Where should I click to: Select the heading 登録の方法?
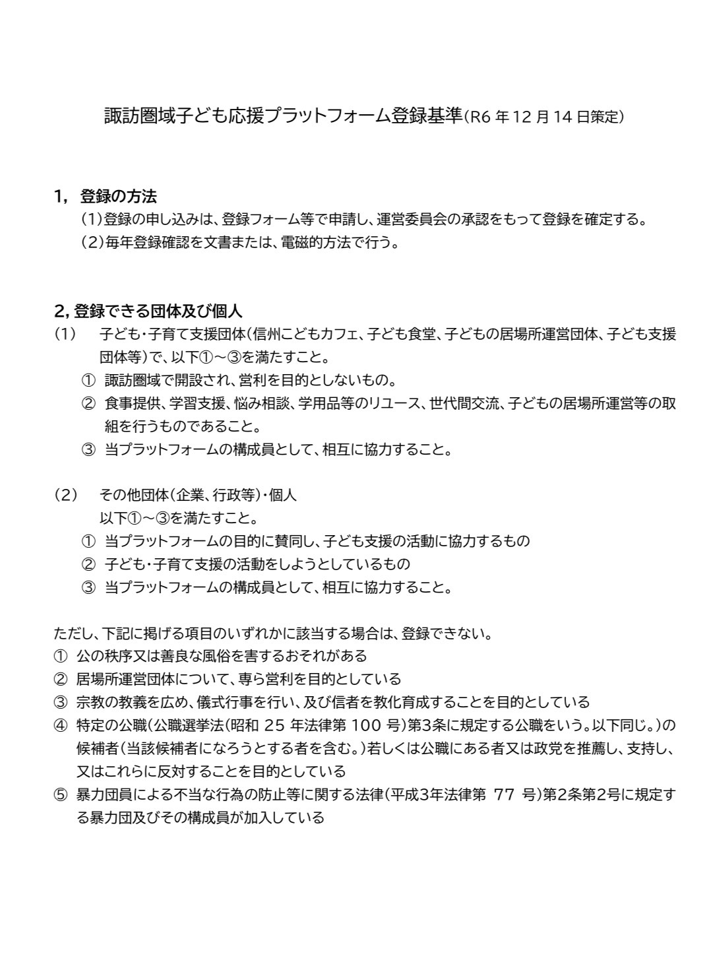click(x=118, y=196)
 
